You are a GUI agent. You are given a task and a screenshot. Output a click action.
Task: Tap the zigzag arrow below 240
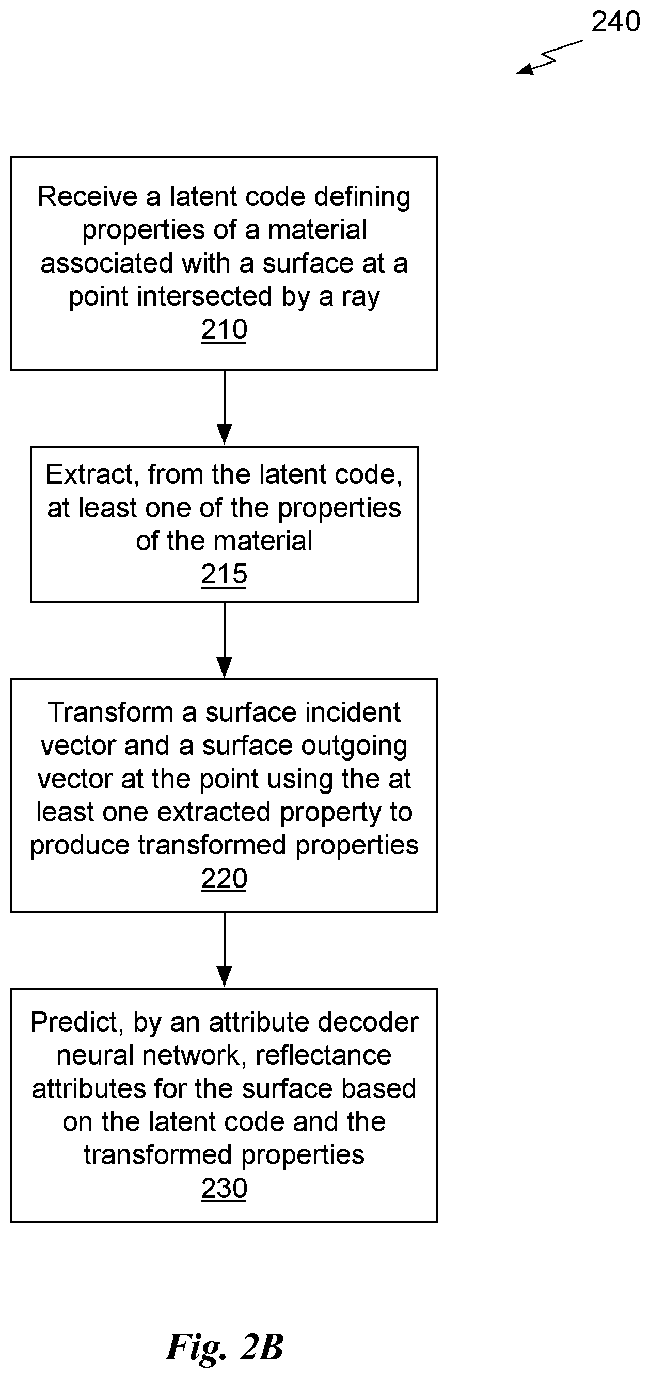(549, 57)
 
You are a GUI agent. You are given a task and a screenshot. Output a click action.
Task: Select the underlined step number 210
(224, 329)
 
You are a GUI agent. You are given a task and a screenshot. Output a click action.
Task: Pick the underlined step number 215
(224, 575)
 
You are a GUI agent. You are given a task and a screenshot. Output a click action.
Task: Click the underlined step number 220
(224, 879)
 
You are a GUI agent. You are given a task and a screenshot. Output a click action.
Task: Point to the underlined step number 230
(224, 1189)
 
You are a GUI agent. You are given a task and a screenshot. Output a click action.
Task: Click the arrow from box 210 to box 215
(224, 407)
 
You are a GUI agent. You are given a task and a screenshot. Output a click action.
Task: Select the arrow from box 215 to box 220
(224, 640)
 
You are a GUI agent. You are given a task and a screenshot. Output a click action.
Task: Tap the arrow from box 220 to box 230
(224, 949)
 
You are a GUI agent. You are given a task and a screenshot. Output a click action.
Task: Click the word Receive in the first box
(88, 197)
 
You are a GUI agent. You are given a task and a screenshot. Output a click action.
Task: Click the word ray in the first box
(360, 298)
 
